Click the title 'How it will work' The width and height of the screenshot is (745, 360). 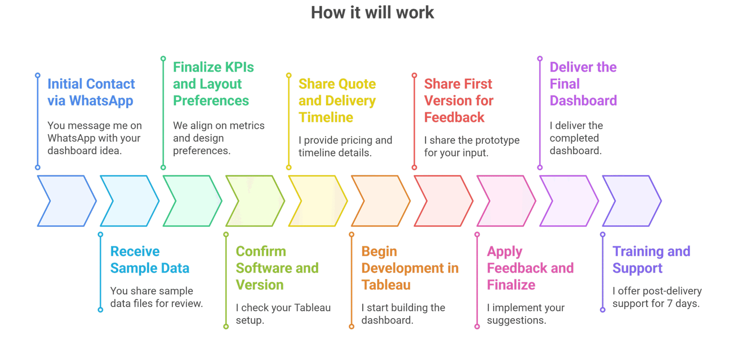(x=372, y=13)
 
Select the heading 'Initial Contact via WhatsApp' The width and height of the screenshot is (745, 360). (x=91, y=92)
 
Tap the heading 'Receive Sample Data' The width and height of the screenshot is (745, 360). (x=149, y=259)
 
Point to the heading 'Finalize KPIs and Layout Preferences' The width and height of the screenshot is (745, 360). (x=213, y=84)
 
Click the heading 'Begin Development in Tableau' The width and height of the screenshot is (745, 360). (x=410, y=268)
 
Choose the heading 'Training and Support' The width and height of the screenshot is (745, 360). (x=651, y=259)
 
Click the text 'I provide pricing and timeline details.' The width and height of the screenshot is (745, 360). (x=345, y=146)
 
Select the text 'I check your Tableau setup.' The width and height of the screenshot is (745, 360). (x=283, y=314)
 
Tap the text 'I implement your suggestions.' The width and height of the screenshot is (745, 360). (x=526, y=314)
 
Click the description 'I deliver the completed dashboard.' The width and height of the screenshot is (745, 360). (x=576, y=138)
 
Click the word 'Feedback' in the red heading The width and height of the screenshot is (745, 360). (x=454, y=117)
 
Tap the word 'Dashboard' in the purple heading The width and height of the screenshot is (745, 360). (x=583, y=101)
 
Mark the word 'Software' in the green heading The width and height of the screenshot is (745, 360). (x=260, y=268)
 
